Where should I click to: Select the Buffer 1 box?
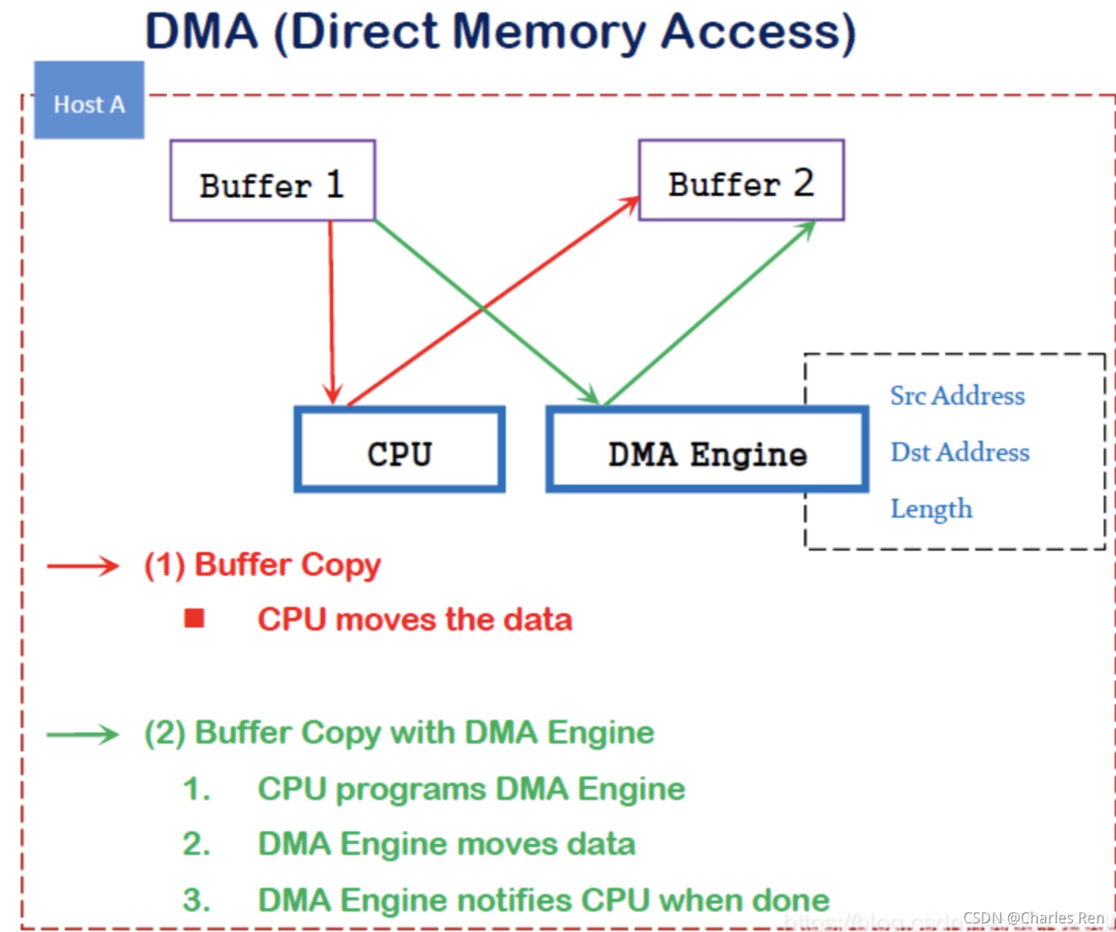pyautogui.click(x=272, y=180)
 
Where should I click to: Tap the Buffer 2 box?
pyautogui.click(x=741, y=180)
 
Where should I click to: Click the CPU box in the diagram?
pyautogui.click(x=399, y=450)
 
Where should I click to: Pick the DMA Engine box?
pyautogui.click(x=707, y=450)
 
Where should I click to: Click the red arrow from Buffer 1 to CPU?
pyautogui.click(x=331, y=314)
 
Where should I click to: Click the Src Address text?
pyautogui.click(x=957, y=395)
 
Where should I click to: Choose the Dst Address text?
pyautogui.click(x=959, y=452)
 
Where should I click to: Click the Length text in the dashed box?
pyautogui.click(x=931, y=509)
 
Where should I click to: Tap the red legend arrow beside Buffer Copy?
pyautogui.click(x=82, y=566)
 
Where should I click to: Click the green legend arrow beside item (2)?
pyautogui.click(x=82, y=734)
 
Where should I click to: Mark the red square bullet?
pyautogui.click(x=194, y=619)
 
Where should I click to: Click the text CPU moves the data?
pyautogui.click(x=414, y=620)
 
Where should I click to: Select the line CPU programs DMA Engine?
pyautogui.click(x=471, y=789)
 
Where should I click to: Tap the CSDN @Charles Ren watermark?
pyautogui.click(x=1033, y=918)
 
